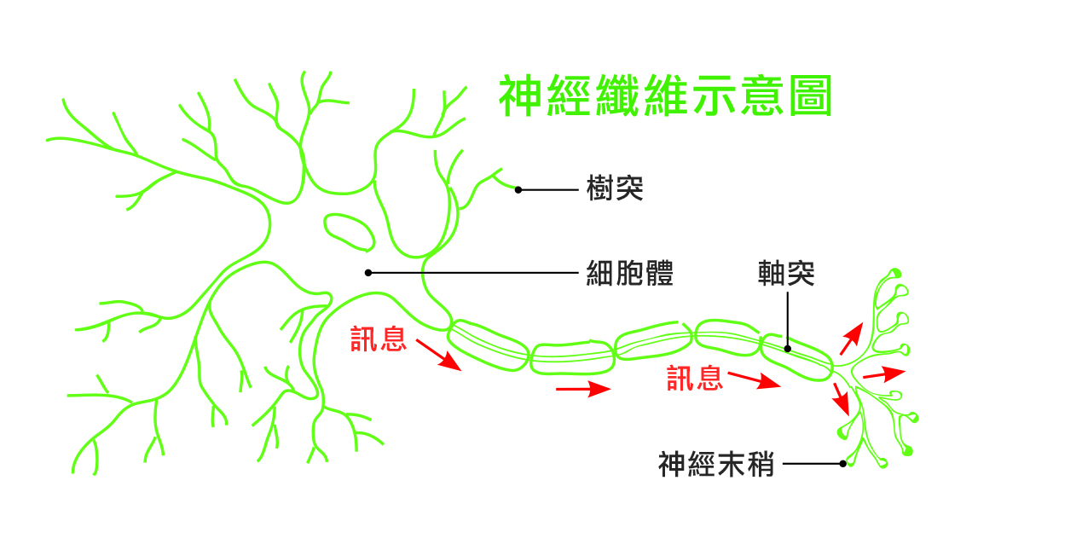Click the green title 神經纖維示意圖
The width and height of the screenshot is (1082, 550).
click(666, 96)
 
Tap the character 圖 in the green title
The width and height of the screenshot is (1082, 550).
click(811, 96)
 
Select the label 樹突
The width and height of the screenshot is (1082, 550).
click(615, 188)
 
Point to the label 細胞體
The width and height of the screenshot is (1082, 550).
click(629, 273)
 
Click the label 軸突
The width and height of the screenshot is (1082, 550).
click(786, 273)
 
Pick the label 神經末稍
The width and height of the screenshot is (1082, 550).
click(716, 464)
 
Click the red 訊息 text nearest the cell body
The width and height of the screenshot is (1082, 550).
click(379, 339)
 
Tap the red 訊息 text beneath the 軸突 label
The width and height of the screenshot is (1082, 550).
click(695, 378)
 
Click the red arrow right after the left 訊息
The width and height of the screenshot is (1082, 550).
click(438, 355)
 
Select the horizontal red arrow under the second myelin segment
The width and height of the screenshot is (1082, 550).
click(583, 389)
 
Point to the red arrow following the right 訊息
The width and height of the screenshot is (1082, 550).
click(755, 380)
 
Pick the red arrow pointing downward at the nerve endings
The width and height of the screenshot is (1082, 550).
click(842, 399)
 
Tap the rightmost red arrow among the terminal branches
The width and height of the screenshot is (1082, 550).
click(884, 374)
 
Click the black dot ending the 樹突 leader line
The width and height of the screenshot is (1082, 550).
click(518, 190)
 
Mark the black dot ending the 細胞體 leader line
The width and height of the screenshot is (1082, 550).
click(368, 273)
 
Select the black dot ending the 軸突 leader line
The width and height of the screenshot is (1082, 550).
click(787, 349)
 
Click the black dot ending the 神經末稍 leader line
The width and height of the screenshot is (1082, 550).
click(843, 464)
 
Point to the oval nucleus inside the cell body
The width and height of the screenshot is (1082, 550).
click(350, 233)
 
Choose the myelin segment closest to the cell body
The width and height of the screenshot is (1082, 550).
click(488, 344)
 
